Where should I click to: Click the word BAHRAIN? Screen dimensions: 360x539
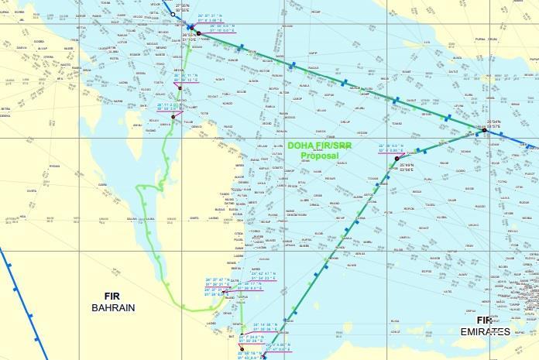pyautogui.click(x=113, y=307)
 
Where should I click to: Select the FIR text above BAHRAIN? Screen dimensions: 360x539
pyautogui.click(x=113, y=296)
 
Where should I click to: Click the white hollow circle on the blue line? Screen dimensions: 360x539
pyautogui.click(x=174, y=13)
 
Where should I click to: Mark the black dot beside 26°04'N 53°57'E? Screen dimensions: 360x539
pyautogui.click(x=484, y=131)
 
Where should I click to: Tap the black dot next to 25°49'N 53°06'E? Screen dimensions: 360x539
pyautogui.click(x=396, y=158)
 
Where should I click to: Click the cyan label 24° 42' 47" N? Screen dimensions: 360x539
pyautogui.click(x=264, y=273)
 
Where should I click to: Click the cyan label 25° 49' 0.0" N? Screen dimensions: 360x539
pyautogui.click(x=392, y=146)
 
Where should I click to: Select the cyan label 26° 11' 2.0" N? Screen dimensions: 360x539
pyautogui.click(x=170, y=104)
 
